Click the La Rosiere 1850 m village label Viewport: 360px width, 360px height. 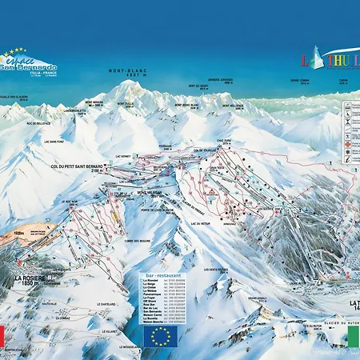(27, 281)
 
